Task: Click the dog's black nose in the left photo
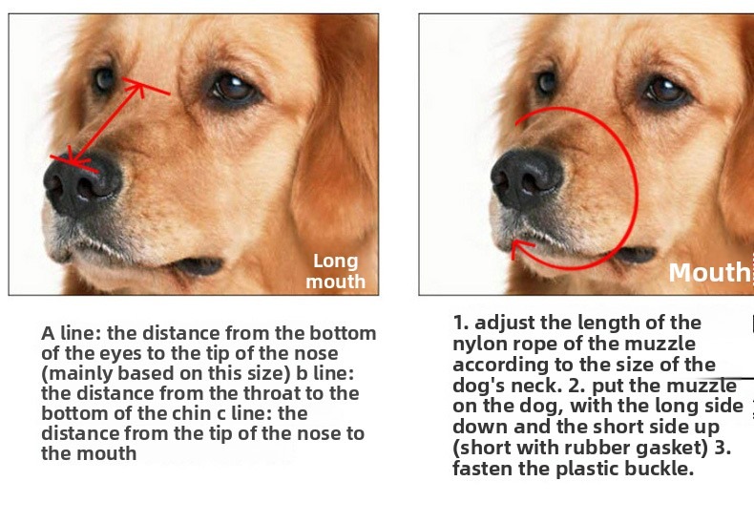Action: pyautogui.click(x=82, y=182)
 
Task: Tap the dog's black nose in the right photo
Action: pyautogui.click(x=527, y=178)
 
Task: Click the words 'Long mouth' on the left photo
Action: pyautogui.click(x=336, y=272)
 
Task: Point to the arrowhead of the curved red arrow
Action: pyautogui.click(x=520, y=247)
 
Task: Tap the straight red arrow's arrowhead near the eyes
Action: pyautogui.click(x=137, y=87)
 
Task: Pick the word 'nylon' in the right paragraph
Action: pyautogui.click(x=477, y=345)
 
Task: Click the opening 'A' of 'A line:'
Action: pyautogui.click(x=48, y=333)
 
